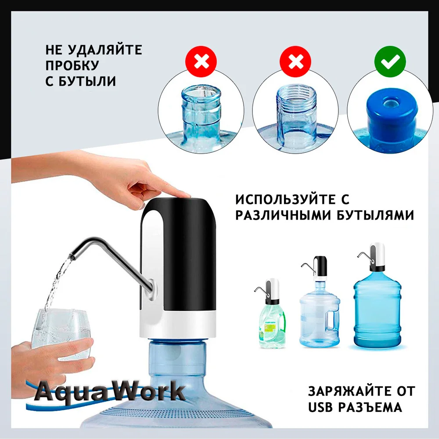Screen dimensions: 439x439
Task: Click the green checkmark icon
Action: (387, 61)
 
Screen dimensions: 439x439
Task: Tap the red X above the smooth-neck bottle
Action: (202, 61)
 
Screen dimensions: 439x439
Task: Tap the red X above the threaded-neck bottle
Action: (295, 61)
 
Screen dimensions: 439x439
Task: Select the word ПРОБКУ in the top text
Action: (72, 65)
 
